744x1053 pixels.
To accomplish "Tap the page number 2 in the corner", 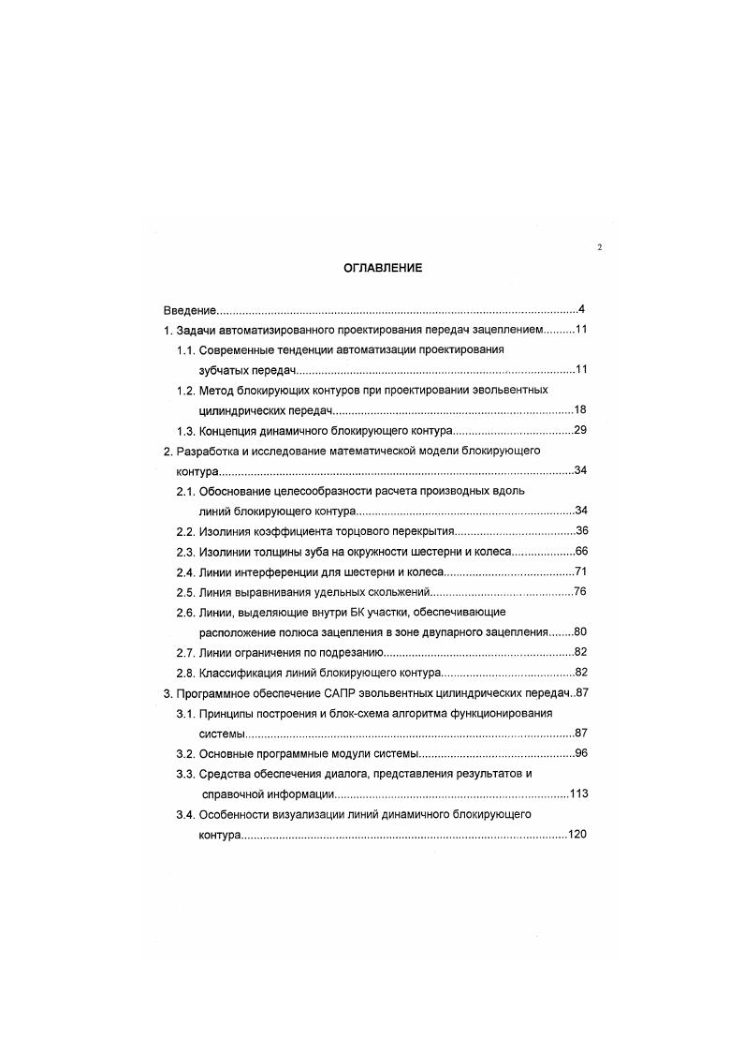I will [599, 247].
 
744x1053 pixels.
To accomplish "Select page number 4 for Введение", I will [581, 309].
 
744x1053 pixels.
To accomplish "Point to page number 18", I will [579, 410].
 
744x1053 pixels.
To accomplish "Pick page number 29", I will [579, 431].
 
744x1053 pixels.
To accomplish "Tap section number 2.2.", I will [185, 531].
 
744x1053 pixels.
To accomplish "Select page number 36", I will [580, 531].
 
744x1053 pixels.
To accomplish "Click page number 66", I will [580, 552].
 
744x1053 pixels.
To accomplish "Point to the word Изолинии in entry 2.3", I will [223, 552].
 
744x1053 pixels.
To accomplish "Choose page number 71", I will [580, 571].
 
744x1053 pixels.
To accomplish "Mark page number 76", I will [580, 592].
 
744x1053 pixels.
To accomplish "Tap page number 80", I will [580, 632].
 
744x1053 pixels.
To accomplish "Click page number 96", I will [580, 753].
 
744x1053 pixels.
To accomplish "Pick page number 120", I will [576, 834].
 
